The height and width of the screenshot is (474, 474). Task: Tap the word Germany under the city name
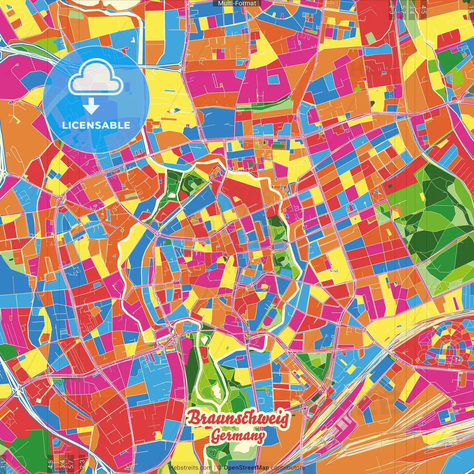(238, 437)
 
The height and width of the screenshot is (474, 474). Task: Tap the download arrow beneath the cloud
(91, 108)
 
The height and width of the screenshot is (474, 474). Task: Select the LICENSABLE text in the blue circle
(96, 125)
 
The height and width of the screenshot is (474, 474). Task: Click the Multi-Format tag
(237, 3)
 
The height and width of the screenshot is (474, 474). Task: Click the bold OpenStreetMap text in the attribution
(246, 468)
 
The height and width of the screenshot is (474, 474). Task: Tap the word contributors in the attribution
(287, 468)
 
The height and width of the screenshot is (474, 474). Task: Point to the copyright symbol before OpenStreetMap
(220, 468)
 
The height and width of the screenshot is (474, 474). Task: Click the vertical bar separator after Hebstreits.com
(214, 468)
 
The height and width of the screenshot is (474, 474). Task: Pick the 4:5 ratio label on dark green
(50, 463)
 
